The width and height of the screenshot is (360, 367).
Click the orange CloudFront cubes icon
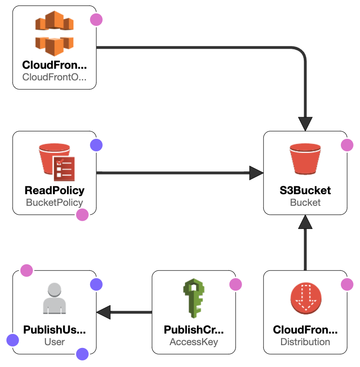click(x=54, y=33)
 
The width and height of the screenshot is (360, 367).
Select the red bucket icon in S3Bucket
click(x=305, y=158)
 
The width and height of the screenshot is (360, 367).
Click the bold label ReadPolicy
click(x=54, y=190)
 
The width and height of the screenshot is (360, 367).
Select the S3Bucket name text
click(x=305, y=190)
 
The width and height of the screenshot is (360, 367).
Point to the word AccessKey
click(x=194, y=342)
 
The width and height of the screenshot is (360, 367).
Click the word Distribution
click(x=305, y=342)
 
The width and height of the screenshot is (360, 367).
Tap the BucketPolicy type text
click(x=54, y=203)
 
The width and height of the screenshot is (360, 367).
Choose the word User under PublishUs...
click(x=54, y=342)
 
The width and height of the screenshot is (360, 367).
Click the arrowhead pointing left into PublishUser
click(x=104, y=312)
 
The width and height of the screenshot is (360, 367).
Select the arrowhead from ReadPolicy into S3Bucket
click(x=256, y=173)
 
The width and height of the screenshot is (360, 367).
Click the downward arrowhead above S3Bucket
click(x=305, y=124)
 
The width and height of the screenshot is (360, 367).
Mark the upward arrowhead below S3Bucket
click(x=305, y=223)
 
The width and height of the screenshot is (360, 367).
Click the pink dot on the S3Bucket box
click(x=347, y=145)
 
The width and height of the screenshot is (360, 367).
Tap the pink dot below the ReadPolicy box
click(x=82, y=215)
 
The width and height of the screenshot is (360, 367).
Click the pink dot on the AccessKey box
click(x=236, y=284)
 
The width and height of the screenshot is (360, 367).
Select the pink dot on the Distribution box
click(x=347, y=284)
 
